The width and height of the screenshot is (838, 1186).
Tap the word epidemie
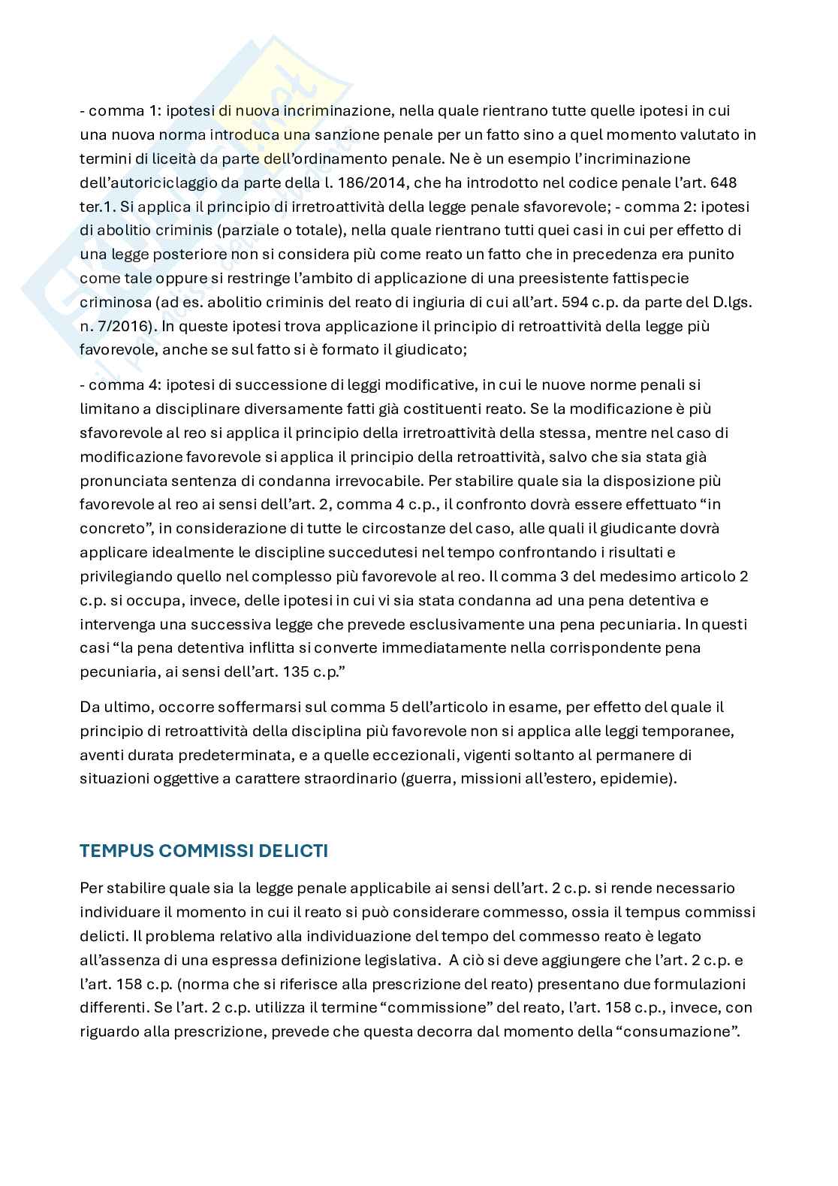[641, 779]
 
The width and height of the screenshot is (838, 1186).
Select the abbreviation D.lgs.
[728, 302]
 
